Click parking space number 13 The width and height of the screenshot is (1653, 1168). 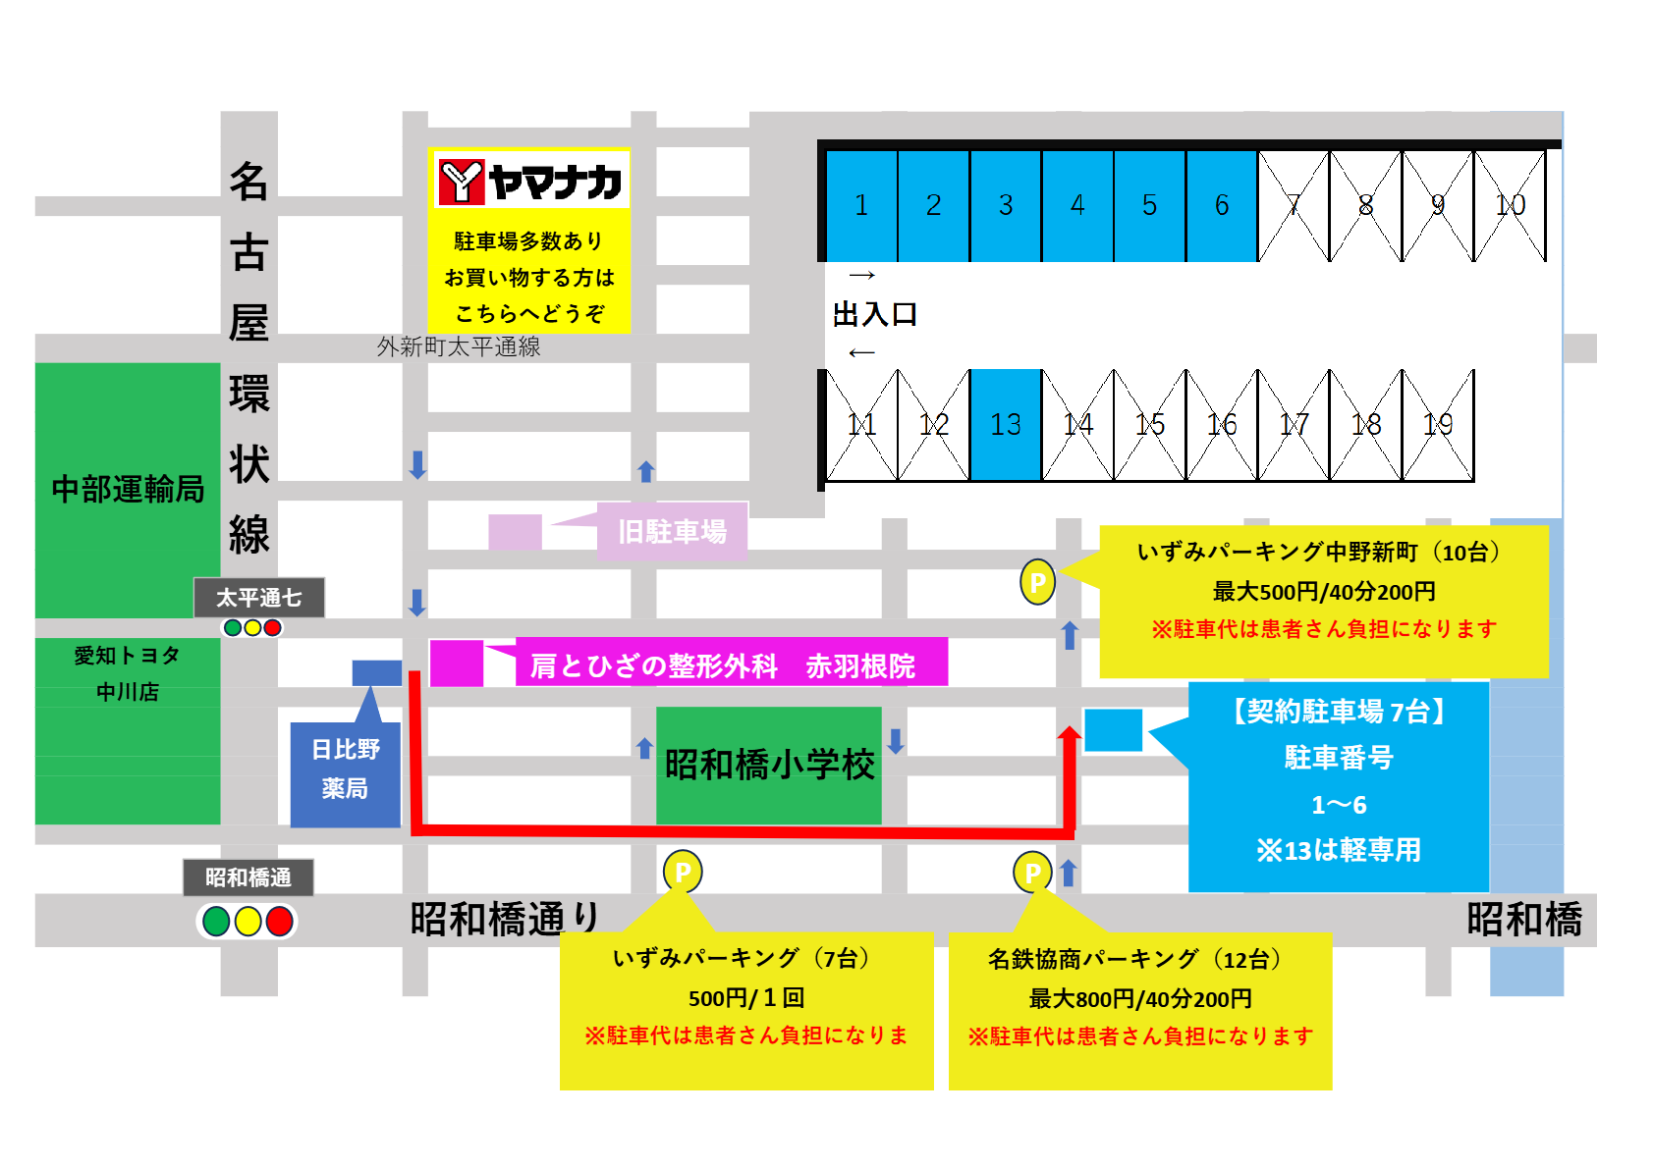[x=1006, y=425]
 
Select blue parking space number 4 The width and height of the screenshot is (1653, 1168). [x=1077, y=205]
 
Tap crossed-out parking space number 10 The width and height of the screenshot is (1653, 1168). [x=1510, y=205]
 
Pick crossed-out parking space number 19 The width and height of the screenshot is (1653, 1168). [x=1438, y=425]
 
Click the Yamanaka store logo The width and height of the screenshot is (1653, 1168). [x=529, y=182]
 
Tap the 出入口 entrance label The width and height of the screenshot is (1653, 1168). [x=874, y=314]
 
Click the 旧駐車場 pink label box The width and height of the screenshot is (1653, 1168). [x=673, y=532]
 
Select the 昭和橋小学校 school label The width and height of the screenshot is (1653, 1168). [x=769, y=765]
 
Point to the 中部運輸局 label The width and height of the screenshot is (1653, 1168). [x=128, y=489]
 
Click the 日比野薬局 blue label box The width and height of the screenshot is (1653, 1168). [x=345, y=770]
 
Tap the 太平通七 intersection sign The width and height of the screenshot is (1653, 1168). [x=259, y=597]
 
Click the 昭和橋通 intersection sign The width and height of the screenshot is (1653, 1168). [x=248, y=876]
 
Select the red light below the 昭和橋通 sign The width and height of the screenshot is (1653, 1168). [x=279, y=922]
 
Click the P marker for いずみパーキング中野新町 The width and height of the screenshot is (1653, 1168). [x=1037, y=582]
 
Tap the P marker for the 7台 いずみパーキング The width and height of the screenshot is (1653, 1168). [x=683, y=872]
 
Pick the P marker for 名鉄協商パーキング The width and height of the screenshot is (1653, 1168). [x=1032, y=872]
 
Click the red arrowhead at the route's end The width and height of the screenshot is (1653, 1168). [x=1070, y=734]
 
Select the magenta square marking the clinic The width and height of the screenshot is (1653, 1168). [x=457, y=663]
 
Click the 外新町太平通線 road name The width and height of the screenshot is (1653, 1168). [x=459, y=346]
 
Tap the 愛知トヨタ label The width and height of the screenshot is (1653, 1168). [x=128, y=656]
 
